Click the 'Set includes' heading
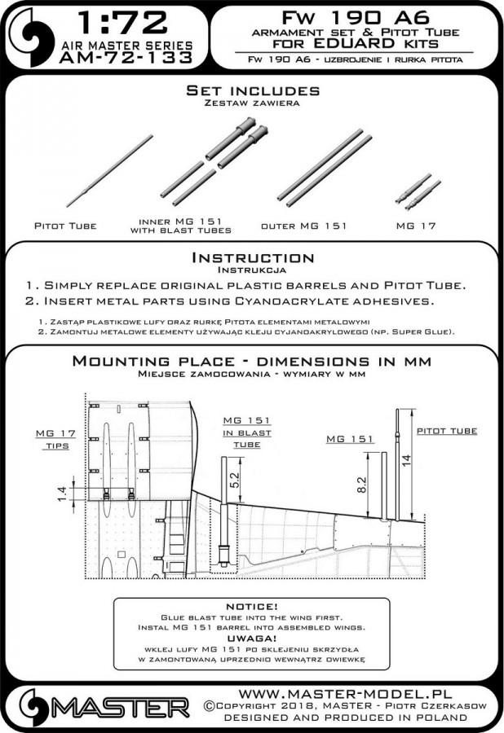click(252, 88)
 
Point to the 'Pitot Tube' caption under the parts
click(65, 225)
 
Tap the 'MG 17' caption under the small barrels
click(418, 225)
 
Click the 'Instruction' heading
click(252, 258)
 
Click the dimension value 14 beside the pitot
click(405, 459)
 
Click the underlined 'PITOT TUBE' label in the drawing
click(446, 430)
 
